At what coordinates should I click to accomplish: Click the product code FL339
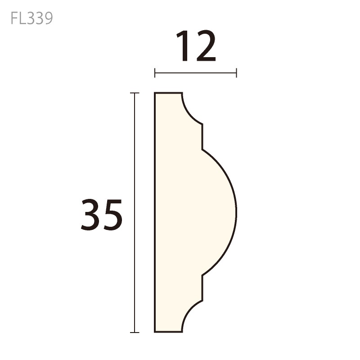[31, 18]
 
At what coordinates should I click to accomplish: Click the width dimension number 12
[196, 46]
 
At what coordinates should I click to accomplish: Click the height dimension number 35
[102, 215]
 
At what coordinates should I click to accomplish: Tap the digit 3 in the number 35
[90, 215]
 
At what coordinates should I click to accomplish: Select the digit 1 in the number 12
[184, 46]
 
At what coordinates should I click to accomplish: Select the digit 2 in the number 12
[205, 46]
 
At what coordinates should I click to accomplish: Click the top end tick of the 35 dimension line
[135, 93]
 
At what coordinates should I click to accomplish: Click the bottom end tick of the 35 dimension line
[135, 333]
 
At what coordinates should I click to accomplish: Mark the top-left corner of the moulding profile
[155, 94]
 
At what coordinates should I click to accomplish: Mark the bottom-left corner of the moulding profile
[155, 332]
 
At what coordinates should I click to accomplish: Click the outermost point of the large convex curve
[236, 211]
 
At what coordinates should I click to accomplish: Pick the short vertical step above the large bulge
[202, 136]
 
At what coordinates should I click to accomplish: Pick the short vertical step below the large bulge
[202, 288]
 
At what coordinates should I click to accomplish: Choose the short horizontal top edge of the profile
[169, 93]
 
